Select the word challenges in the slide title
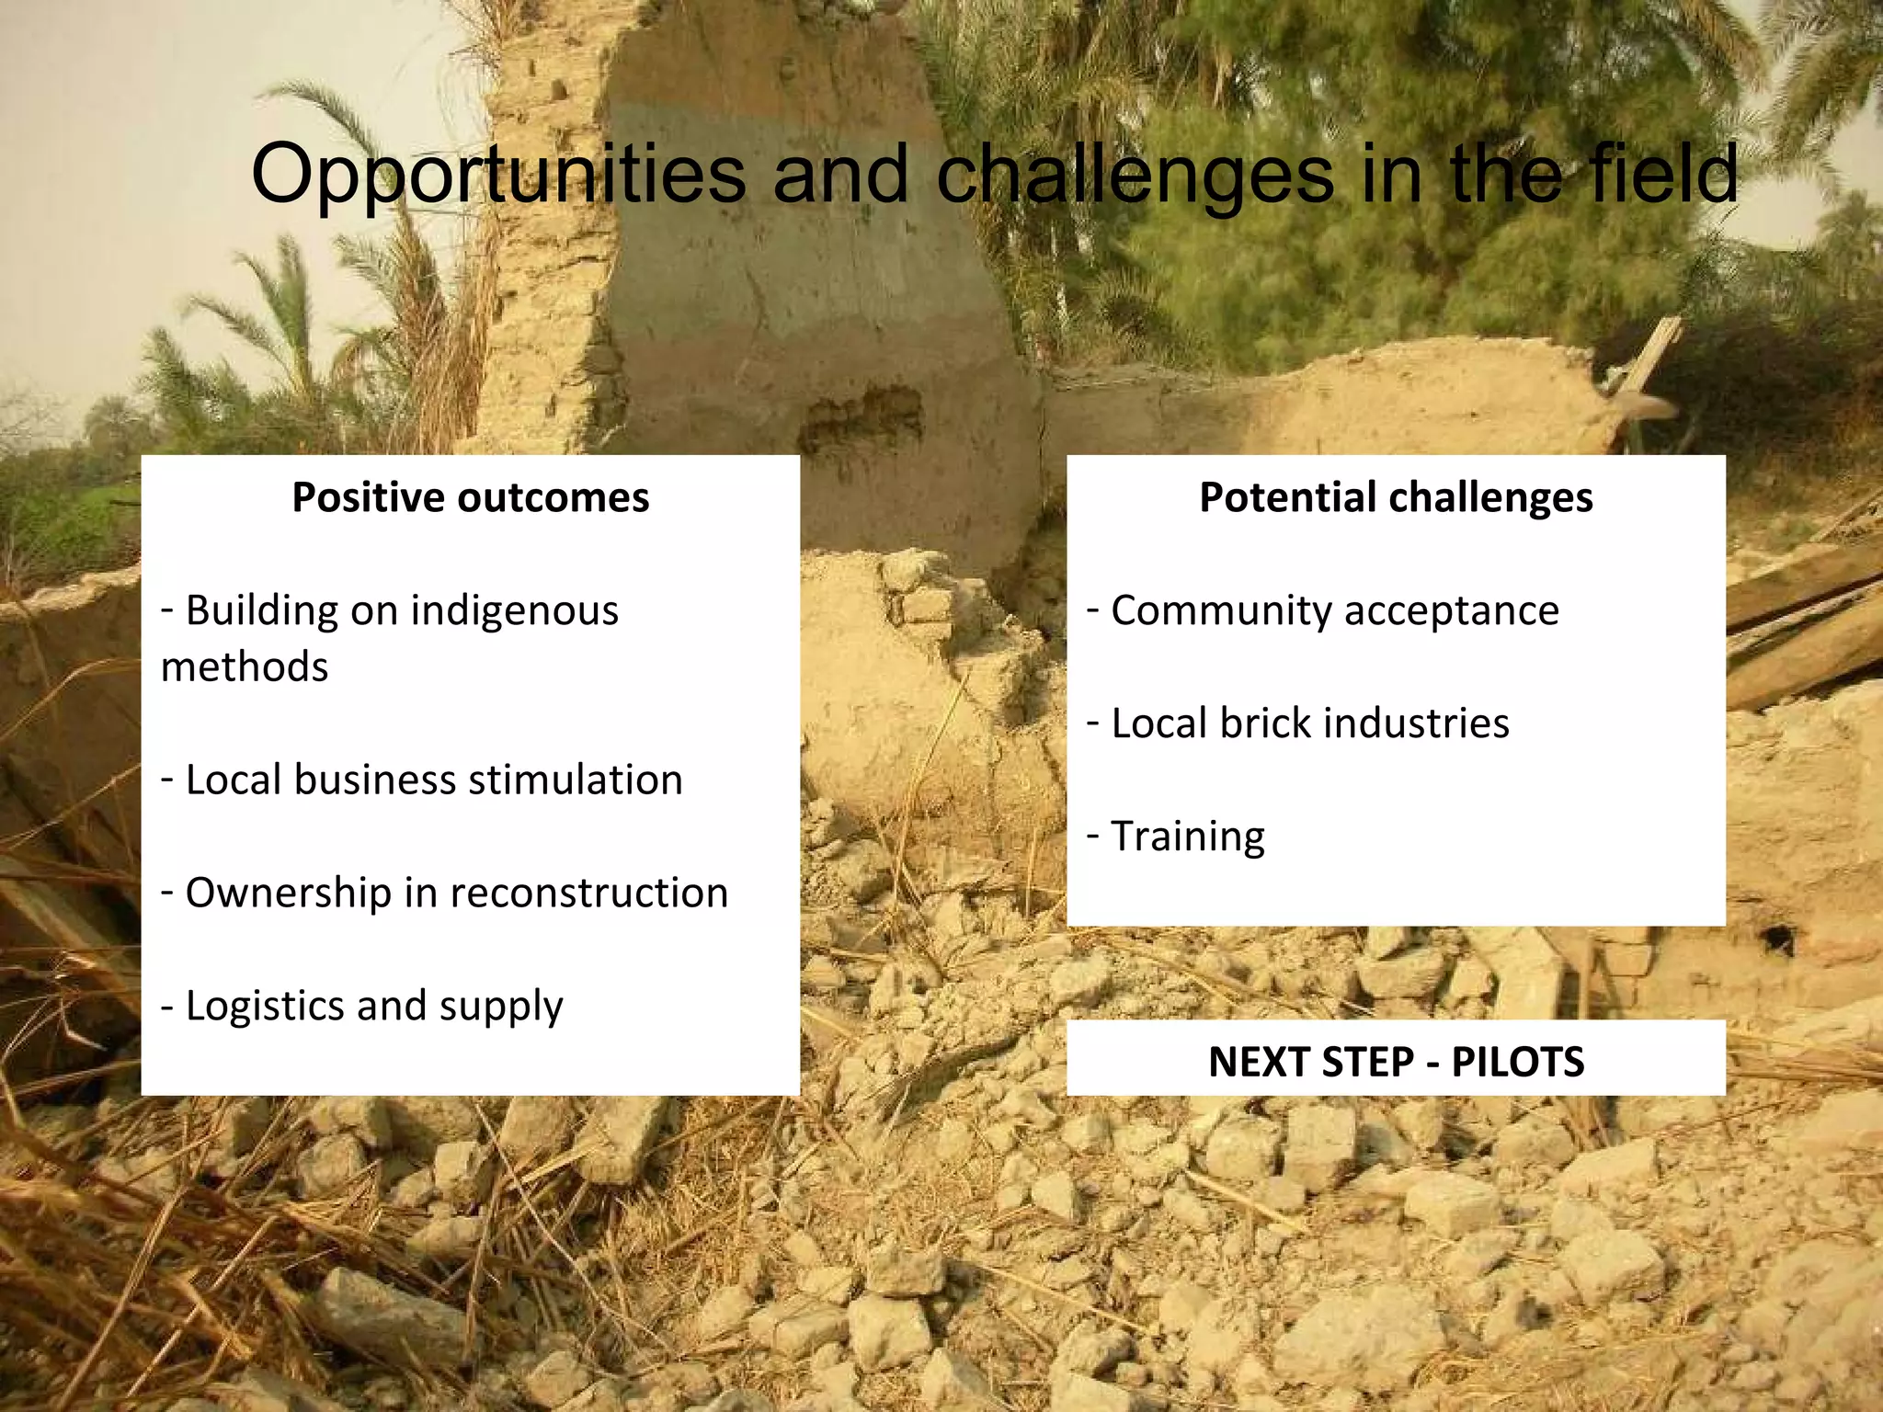(x=1135, y=175)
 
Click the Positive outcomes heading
(x=470, y=497)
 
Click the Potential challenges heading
(x=1396, y=497)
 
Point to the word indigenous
(x=514, y=611)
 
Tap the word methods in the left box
(x=244, y=666)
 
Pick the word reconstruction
(x=589, y=893)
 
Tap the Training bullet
(x=1187, y=837)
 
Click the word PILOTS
(x=1517, y=1062)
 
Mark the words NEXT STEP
(x=1310, y=1062)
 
